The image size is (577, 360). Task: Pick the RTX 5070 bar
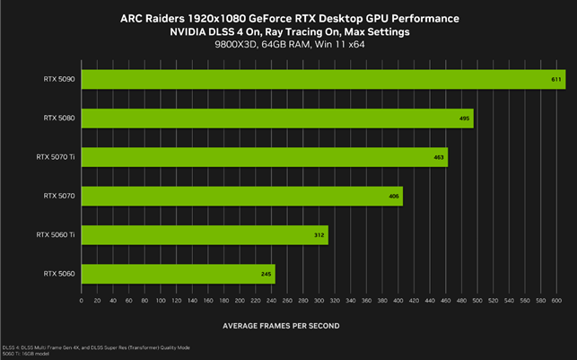(241, 196)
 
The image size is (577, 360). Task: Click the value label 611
(557, 80)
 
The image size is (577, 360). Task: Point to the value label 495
(464, 119)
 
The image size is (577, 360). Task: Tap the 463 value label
(438, 157)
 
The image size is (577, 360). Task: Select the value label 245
(267, 274)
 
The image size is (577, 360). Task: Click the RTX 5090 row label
(58, 80)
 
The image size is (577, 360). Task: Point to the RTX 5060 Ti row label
(55, 235)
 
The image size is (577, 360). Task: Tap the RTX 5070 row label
(58, 196)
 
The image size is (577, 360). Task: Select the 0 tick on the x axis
(82, 300)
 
